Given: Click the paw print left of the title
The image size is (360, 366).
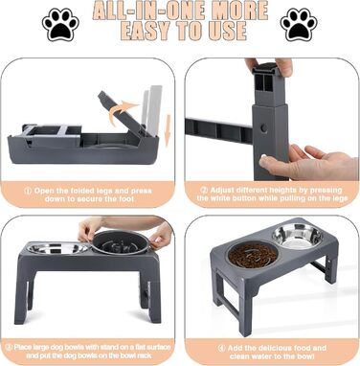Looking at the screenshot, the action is coord(60,25).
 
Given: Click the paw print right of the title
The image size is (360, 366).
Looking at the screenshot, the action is coord(299,25).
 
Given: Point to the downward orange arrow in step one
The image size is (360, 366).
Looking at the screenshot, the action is coord(168,135).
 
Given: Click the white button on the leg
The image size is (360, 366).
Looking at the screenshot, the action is coord(263,157).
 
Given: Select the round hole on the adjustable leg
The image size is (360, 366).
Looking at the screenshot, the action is coord(264,128).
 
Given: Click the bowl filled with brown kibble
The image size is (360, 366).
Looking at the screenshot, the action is coord(253,256).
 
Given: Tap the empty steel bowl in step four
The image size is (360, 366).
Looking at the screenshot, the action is coord(298,236).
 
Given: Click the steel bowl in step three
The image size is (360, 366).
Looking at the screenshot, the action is coord(57,248).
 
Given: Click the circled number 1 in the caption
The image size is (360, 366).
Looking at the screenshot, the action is coord(28,192).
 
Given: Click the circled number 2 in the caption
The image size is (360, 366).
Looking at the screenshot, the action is coord(204,191).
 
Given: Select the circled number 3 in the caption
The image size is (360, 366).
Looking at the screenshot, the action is coord(10,348).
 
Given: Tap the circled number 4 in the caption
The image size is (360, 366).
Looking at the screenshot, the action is coord(221,349).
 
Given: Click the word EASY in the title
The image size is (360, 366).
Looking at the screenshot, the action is coord(146,32).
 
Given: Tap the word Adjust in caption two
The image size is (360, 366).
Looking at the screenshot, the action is coord(220,191).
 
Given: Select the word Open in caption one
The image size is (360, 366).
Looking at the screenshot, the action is coord(42,192).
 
